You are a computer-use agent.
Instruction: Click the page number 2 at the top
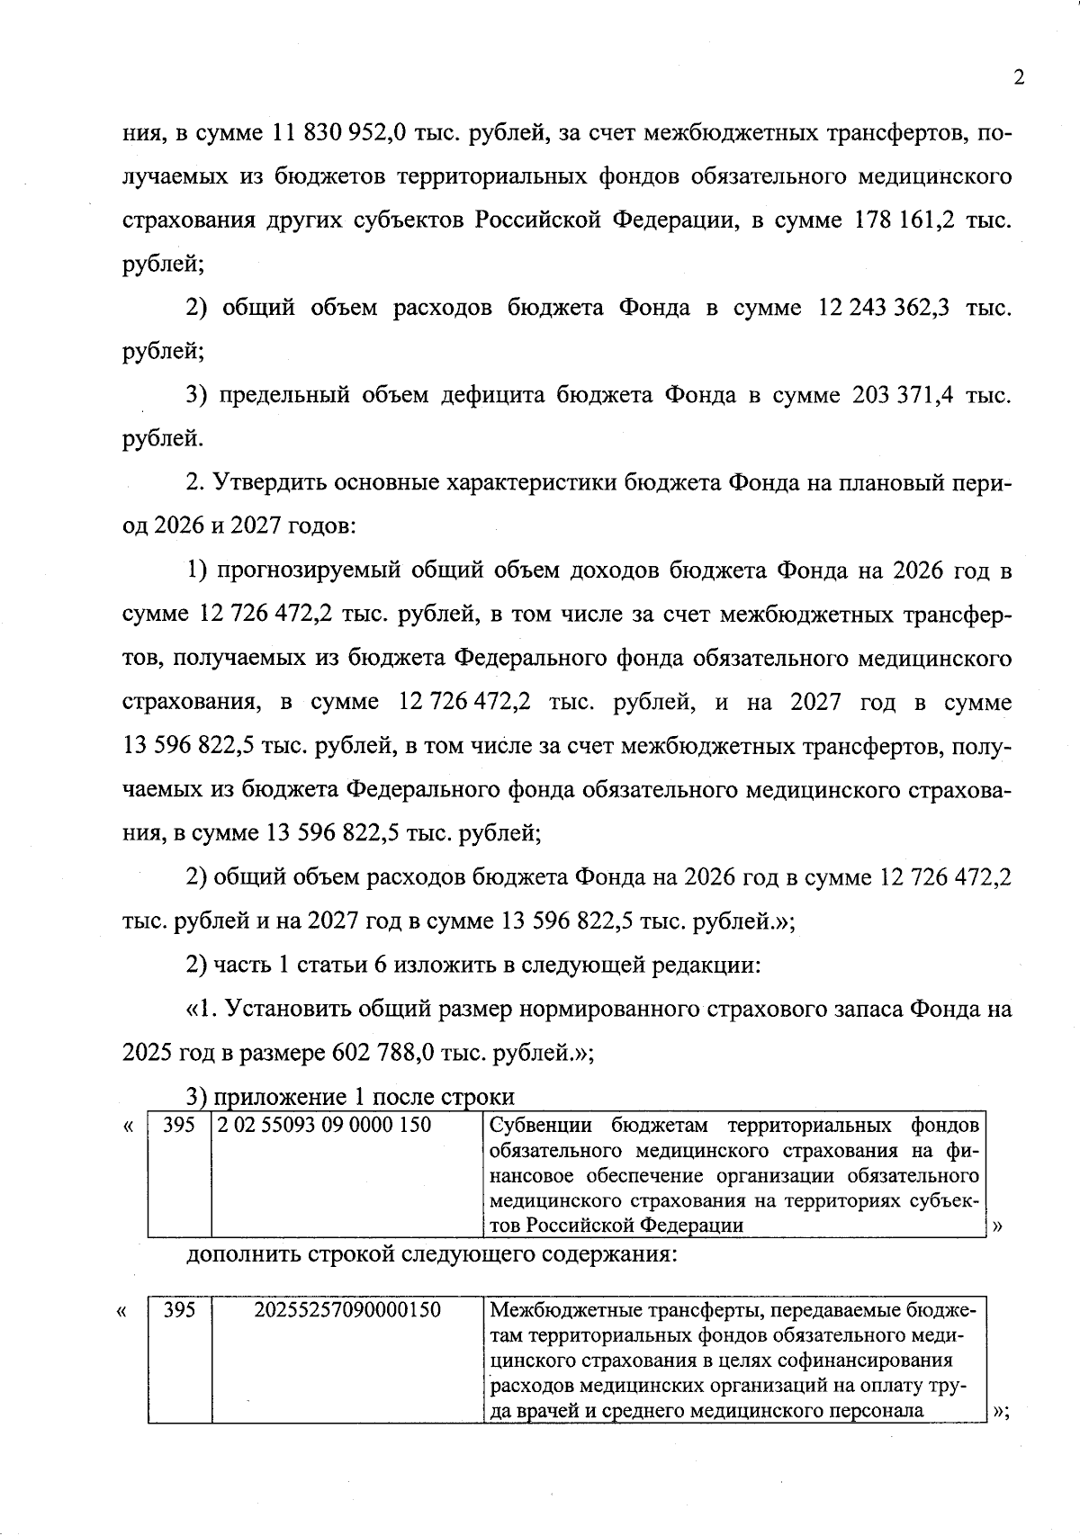(x=1019, y=77)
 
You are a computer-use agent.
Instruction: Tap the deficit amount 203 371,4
(x=901, y=395)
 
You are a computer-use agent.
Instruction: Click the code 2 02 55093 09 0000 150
(x=324, y=1125)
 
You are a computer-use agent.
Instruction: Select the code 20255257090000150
(x=347, y=1310)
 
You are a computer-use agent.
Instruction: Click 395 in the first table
(x=179, y=1125)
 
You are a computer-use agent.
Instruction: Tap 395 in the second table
(x=179, y=1310)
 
